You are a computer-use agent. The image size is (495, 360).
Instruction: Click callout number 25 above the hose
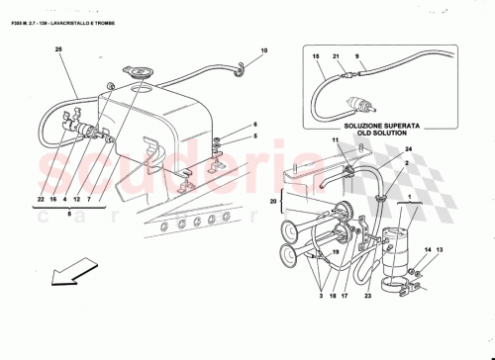(58, 49)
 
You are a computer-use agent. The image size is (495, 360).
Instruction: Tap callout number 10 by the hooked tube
(263, 49)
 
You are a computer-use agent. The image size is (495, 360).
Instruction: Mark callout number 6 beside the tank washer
(253, 125)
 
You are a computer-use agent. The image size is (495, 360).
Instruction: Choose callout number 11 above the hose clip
(336, 143)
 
